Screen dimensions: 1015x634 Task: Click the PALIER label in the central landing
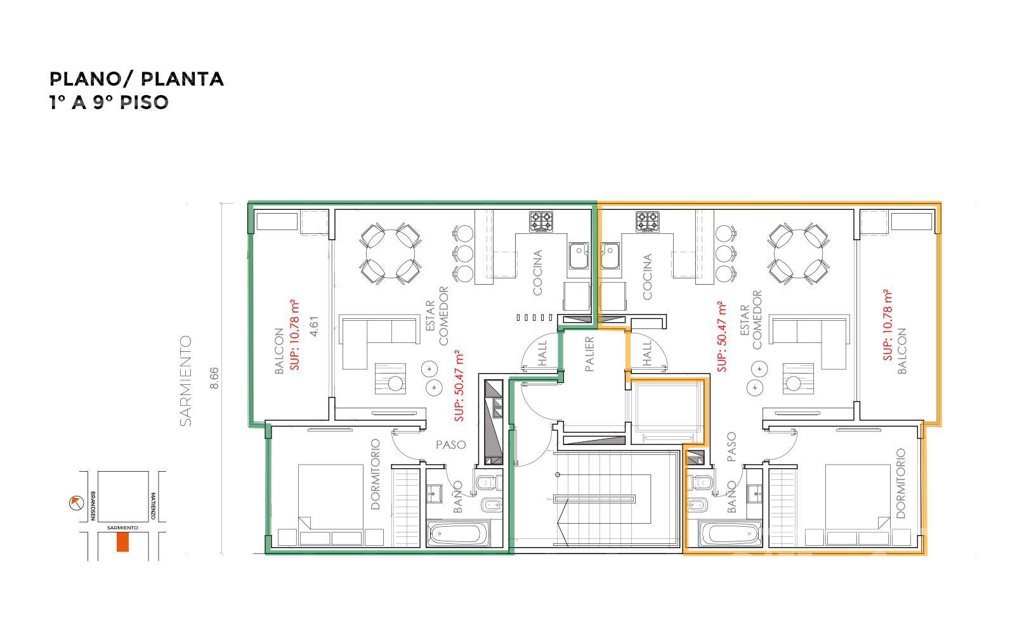[589, 354]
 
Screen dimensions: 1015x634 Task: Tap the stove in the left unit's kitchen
[541, 222]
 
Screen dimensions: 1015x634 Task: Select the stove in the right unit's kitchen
[648, 222]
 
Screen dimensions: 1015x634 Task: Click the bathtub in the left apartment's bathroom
[458, 533]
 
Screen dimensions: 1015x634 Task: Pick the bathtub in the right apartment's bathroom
[730, 533]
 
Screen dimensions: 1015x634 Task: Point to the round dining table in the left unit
[391, 253]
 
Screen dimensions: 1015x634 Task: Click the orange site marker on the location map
[123, 542]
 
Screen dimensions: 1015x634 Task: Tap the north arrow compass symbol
[76, 503]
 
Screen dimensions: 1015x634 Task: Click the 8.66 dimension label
[214, 378]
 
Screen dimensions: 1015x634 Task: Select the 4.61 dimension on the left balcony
[314, 326]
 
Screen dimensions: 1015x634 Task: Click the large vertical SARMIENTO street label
[186, 381]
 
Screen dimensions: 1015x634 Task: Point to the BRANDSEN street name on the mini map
[93, 506]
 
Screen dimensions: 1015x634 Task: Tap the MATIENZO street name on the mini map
[153, 506]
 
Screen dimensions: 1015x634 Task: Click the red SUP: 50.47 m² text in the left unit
[459, 385]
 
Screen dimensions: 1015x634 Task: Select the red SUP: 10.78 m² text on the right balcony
[888, 325]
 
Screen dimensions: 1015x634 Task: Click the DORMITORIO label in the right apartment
[901, 483]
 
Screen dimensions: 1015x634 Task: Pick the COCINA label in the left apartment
[537, 273]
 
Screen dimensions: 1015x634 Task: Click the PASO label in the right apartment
[731, 447]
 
